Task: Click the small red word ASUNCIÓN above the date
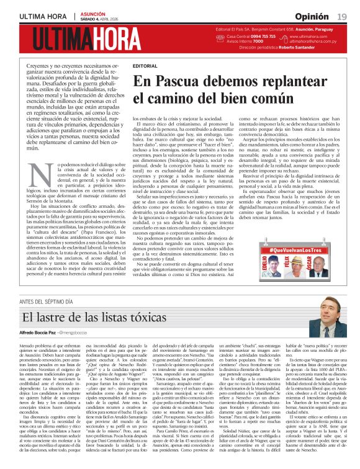pyautogui.click(x=92, y=13)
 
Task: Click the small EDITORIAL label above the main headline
pyautogui.click(x=145, y=65)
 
